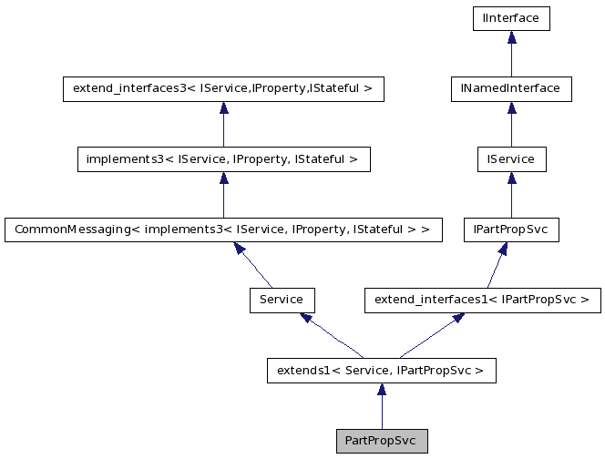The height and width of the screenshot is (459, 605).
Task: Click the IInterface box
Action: (511, 17)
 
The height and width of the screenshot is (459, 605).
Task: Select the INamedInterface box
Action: (511, 88)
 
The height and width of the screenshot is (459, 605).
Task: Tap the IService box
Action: (511, 159)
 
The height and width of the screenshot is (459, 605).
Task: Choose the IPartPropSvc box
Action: (511, 229)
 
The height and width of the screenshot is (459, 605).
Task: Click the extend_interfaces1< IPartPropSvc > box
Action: (482, 300)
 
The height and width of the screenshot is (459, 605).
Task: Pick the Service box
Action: (282, 300)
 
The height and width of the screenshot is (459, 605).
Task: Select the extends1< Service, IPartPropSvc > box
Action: (382, 371)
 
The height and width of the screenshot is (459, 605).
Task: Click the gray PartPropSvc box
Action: (382, 441)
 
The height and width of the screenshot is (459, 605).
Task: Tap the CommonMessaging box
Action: (223, 229)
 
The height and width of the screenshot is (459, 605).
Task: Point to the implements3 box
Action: (223, 159)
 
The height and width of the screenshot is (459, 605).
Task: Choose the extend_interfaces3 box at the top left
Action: (223, 88)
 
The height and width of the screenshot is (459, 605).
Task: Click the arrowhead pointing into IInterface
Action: (511, 36)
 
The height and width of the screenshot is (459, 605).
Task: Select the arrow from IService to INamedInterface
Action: (511, 124)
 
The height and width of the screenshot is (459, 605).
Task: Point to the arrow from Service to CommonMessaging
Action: (254, 266)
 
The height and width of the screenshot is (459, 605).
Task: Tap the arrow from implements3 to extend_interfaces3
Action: (223, 124)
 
